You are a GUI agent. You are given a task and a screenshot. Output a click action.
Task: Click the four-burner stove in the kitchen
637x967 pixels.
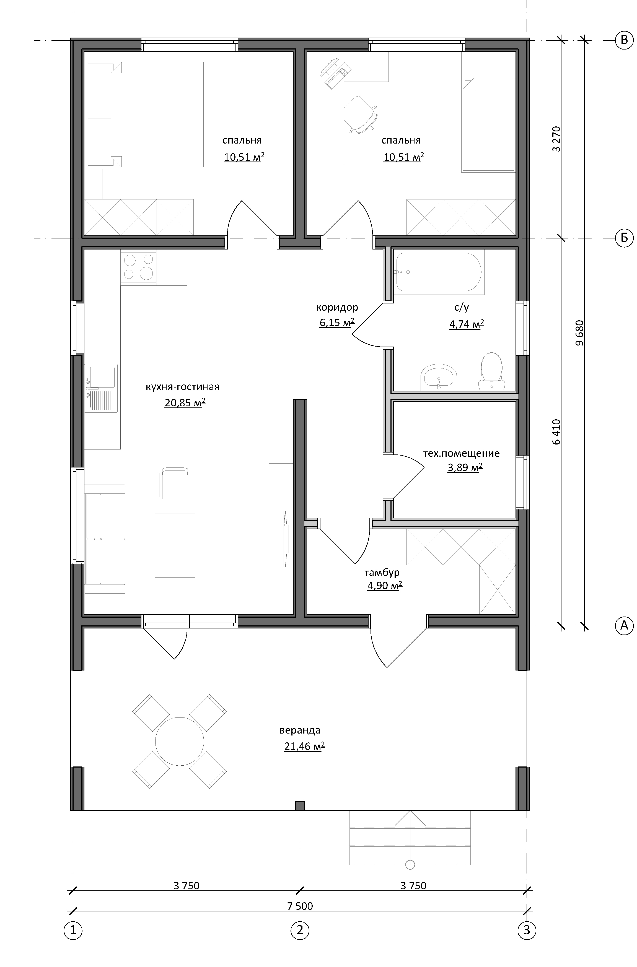click(x=139, y=267)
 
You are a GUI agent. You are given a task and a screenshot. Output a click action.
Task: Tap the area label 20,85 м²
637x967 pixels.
click(x=185, y=403)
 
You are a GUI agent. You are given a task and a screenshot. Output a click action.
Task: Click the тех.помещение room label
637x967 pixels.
click(x=461, y=453)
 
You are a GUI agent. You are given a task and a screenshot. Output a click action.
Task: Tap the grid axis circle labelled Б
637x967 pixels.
click(x=624, y=238)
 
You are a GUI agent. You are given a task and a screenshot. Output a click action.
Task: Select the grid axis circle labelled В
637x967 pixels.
click(x=624, y=40)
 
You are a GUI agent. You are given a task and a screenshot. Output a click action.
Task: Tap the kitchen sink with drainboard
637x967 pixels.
click(x=101, y=388)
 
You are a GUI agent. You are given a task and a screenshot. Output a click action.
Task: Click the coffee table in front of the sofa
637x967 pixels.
click(x=175, y=545)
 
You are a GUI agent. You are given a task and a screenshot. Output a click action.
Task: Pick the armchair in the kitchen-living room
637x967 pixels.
click(x=175, y=483)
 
